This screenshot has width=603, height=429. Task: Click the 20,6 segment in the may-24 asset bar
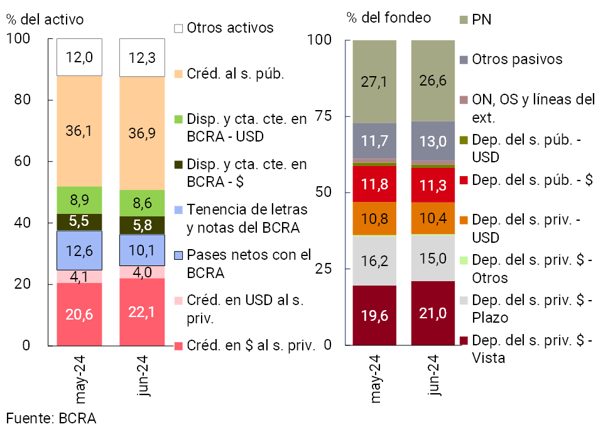(79, 314)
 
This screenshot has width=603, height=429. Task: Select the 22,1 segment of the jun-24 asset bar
(142, 311)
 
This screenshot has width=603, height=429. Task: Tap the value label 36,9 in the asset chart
(142, 132)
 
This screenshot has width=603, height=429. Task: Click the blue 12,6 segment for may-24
(79, 250)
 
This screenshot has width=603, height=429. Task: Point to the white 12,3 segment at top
(142, 58)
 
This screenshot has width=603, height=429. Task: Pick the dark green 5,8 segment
(142, 225)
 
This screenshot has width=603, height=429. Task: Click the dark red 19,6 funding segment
(374, 315)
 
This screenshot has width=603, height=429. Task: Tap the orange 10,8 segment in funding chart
(374, 218)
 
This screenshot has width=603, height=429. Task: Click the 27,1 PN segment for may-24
(374, 81)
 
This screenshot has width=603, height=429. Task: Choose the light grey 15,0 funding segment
(433, 258)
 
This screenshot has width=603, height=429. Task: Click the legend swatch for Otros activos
(178, 28)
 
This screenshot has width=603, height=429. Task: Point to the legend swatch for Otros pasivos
(464, 60)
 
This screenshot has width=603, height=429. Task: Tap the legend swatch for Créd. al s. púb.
(178, 74)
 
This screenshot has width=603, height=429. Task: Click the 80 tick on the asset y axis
(31, 100)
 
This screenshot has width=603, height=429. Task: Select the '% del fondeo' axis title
(388, 18)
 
